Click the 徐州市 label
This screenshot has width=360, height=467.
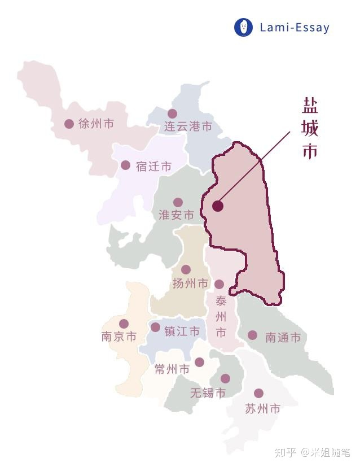click(96, 124)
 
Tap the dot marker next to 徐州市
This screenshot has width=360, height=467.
click(69, 124)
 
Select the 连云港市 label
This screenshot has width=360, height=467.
click(188, 126)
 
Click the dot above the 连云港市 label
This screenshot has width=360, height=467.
click(172, 114)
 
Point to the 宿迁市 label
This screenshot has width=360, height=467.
click(153, 166)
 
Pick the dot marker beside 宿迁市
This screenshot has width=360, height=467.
click(125, 165)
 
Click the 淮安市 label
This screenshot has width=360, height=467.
click(176, 215)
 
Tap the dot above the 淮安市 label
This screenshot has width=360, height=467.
click(178, 202)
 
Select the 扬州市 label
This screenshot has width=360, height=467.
click(190, 283)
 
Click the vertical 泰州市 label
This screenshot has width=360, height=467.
click(221, 316)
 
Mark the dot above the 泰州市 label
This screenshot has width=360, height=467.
click(219, 284)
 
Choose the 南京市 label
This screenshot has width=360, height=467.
click(118, 337)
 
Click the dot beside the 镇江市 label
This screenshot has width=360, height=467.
click(155, 327)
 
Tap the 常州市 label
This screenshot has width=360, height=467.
click(172, 370)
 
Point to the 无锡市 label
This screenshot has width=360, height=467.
click(208, 393)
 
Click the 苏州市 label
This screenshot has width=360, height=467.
click(262, 409)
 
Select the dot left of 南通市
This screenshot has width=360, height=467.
click(252, 335)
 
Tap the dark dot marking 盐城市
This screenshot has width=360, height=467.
click(218, 206)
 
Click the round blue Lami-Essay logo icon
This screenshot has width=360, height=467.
click(243, 27)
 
